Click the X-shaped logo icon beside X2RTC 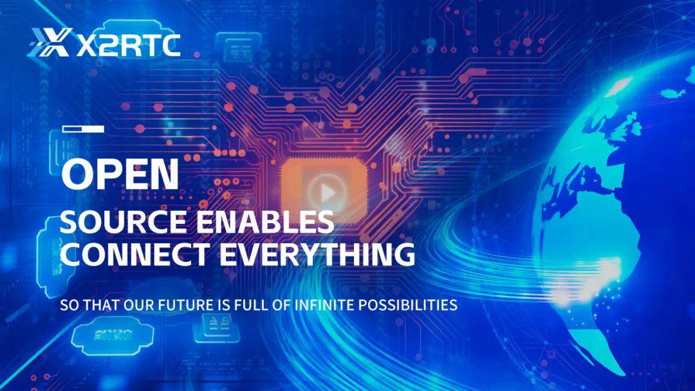pos(50,42)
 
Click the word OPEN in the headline pos(120,174)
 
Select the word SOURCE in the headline pos(123,222)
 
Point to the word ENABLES pos(265,222)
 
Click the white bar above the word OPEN pos(83,129)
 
